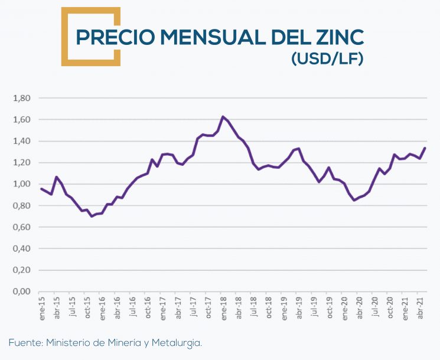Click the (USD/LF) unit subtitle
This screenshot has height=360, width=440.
(327, 59)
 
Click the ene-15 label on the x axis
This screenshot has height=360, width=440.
(41, 308)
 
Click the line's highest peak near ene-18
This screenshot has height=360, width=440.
(223, 117)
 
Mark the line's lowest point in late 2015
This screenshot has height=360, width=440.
(92, 216)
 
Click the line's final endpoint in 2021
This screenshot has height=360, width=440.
(425, 148)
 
